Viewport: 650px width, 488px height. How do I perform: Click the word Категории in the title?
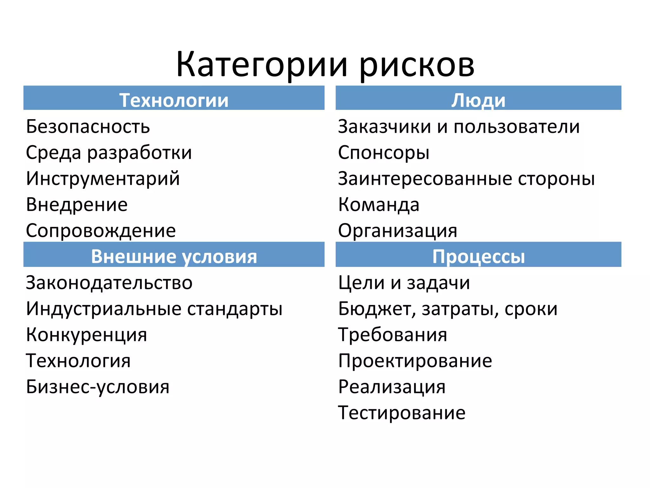[x=262, y=65]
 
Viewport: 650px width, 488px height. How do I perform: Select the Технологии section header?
[x=174, y=100]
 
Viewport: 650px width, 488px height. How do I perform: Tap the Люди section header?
[x=478, y=100]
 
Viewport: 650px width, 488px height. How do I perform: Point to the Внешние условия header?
[x=174, y=256]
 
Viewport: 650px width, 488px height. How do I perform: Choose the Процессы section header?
[x=478, y=256]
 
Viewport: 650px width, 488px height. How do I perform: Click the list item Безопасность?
[x=88, y=126]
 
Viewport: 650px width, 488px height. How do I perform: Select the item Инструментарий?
[x=103, y=178]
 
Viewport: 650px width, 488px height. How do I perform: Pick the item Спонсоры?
[x=383, y=152]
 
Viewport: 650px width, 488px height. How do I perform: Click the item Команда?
[x=379, y=204]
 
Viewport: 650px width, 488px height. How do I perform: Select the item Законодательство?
[x=109, y=282]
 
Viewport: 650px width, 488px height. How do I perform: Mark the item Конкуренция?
[x=86, y=335]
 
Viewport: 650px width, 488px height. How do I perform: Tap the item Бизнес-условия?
[x=97, y=387]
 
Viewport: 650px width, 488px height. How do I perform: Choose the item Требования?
[x=393, y=335]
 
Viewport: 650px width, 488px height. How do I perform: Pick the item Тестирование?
[x=401, y=413]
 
